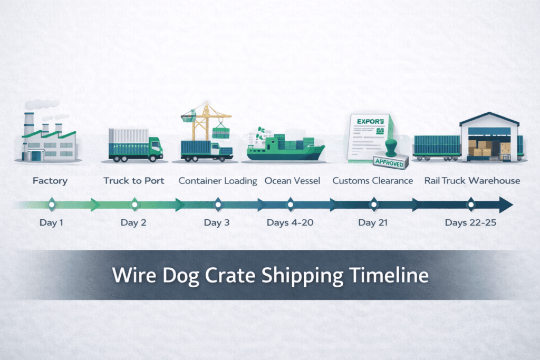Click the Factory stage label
coord(50,181)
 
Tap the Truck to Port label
coord(134,181)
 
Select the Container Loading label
coord(218,181)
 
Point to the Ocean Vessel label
coord(292,181)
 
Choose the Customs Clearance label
coord(373,181)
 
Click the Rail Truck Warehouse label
coord(472,181)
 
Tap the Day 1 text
coord(51,222)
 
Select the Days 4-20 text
coord(290,222)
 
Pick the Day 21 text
coord(373,222)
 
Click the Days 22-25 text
coord(470,222)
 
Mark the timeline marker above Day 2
coord(134,204)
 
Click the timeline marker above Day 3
coord(218,204)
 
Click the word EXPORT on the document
coord(368,122)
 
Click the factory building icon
coord(49,138)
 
